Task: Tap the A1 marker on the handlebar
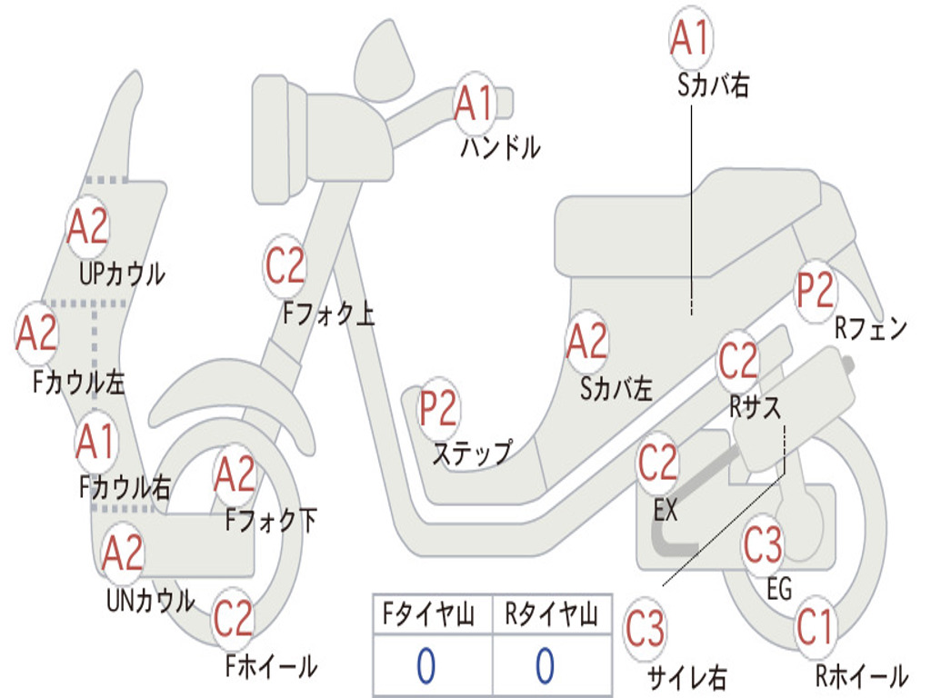coord(474,103)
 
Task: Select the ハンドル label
coord(500,147)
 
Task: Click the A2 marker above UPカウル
coord(87,227)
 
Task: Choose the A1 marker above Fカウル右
coord(95,442)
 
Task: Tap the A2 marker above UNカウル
coord(123,553)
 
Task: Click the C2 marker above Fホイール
coord(233,619)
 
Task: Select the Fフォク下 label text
coord(271,521)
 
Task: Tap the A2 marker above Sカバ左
coord(586,341)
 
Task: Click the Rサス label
coord(755,408)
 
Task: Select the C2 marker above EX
coord(658,464)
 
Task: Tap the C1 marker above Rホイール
coord(815,627)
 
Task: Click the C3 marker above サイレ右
coord(645,630)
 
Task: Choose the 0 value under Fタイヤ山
coord(425,666)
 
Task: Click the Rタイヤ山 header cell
coord(551,616)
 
